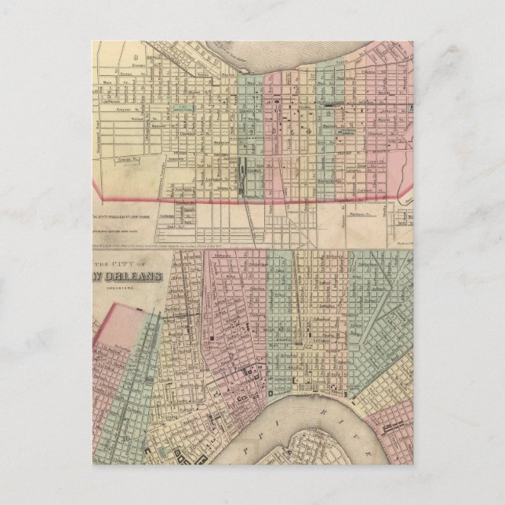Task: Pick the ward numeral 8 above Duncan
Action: [x=135, y=56]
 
